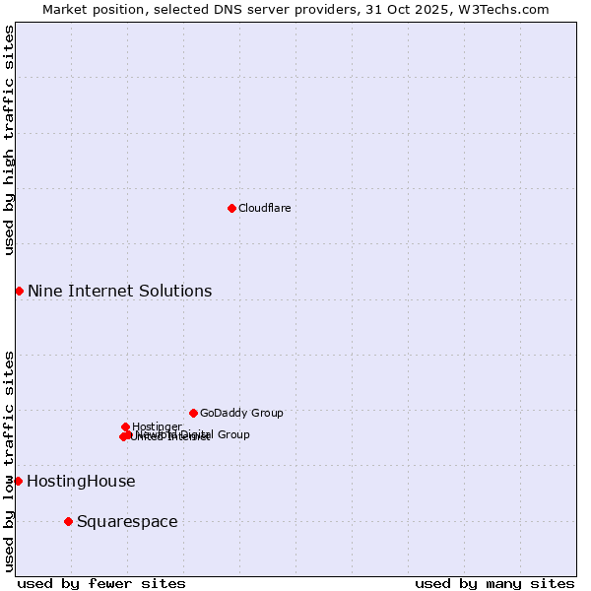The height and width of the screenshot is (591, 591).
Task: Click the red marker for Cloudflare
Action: point(231,208)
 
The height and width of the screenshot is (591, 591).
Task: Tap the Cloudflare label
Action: point(264,208)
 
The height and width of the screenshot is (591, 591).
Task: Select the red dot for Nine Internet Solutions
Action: point(19,291)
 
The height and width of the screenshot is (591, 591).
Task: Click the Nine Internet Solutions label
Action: point(119,291)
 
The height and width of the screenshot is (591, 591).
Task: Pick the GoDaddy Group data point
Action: point(193,413)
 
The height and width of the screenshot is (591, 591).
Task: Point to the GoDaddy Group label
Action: point(241,413)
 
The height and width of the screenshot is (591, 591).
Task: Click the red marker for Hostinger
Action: point(125,427)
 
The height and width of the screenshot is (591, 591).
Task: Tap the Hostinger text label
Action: point(157,427)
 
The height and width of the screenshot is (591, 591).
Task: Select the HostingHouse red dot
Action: point(18,481)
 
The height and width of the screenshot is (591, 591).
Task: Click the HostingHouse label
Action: point(81,482)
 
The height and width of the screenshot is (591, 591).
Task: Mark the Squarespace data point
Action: point(68,521)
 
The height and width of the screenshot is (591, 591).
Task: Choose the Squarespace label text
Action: point(127,522)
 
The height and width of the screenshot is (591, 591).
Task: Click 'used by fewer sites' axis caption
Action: point(101,583)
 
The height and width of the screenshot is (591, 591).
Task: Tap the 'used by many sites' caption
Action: point(494,583)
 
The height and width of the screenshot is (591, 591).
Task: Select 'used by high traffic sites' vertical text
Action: point(10,140)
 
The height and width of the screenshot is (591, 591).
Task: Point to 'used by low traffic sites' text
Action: point(10,460)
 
